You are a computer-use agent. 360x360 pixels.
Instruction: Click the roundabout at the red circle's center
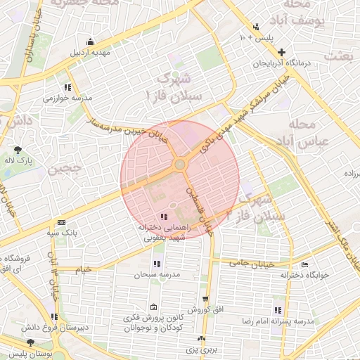click(x=180, y=165)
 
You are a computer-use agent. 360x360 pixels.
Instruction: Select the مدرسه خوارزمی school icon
click(x=67, y=87)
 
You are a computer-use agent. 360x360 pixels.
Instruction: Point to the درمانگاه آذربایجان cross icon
click(x=282, y=52)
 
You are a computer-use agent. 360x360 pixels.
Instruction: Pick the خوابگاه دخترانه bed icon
click(x=304, y=264)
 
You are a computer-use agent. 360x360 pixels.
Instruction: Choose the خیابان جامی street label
click(x=248, y=262)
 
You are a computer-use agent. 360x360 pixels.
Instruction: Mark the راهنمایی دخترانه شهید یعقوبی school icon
click(x=164, y=217)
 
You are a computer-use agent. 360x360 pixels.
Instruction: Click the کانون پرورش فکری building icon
click(x=153, y=307)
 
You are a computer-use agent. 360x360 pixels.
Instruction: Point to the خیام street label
click(x=83, y=269)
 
